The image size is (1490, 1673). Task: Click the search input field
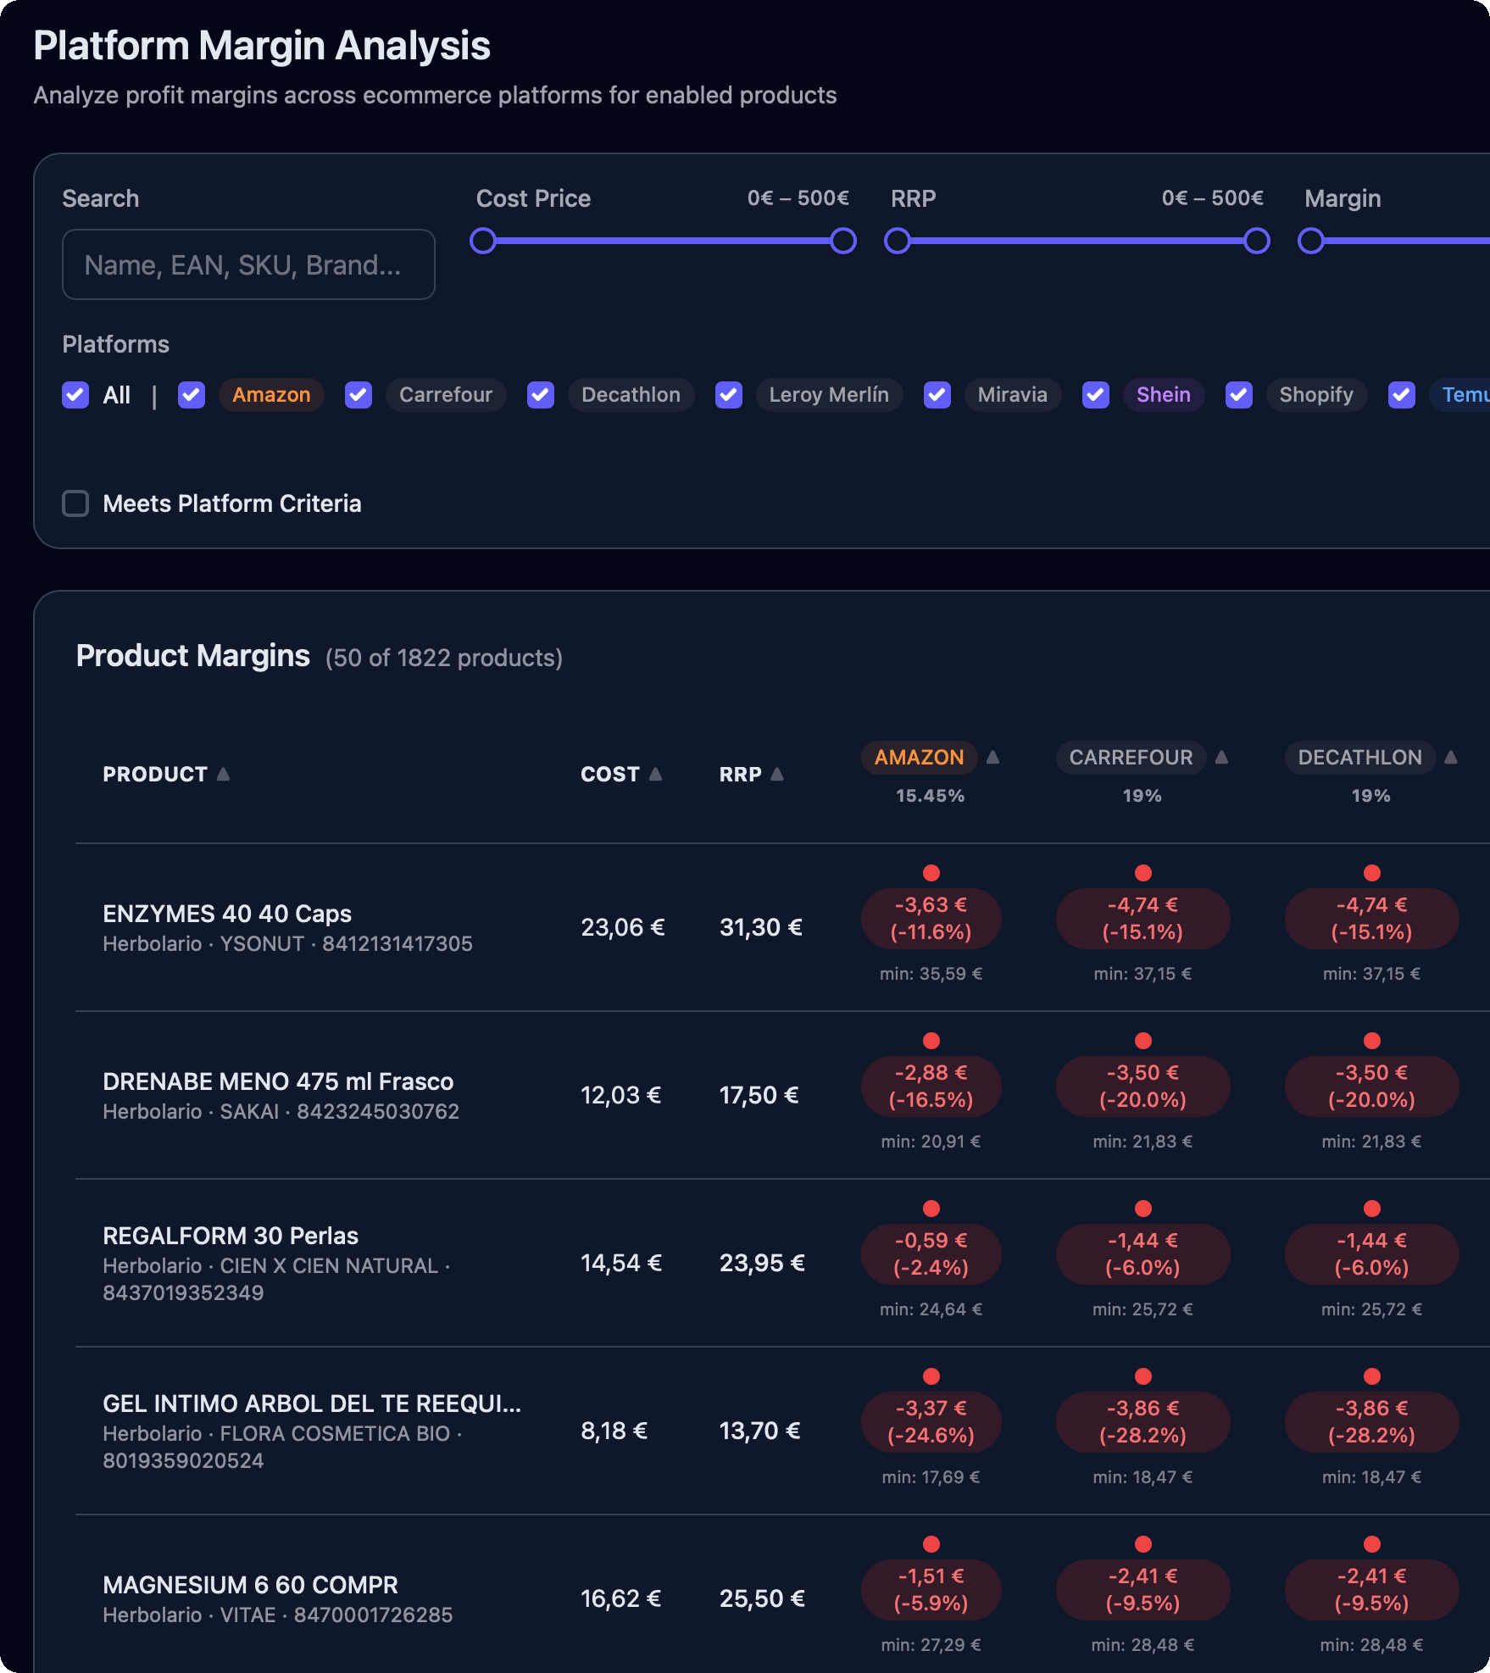pos(248,264)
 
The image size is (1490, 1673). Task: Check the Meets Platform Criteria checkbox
pos(75,503)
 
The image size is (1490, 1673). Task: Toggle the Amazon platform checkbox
pos(192,395)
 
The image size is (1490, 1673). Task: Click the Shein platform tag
pos(1164,395)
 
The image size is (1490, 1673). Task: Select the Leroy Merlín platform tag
pos(829,395)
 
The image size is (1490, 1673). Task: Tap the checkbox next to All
pos(75,395)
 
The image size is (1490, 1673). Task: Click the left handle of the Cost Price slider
pos(483,241)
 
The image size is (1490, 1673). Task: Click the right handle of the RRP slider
pos(1257,241)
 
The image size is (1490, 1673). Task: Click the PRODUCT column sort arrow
pos(223,774)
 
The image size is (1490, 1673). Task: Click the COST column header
pos(609,775)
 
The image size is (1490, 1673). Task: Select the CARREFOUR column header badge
pos(1131,758)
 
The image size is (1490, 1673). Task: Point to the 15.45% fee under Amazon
pos(931,796)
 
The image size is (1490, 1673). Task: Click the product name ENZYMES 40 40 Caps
pos(227,914)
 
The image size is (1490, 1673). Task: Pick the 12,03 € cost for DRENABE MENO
pos(620,1095)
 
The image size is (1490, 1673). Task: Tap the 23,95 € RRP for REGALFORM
pos(762,1263)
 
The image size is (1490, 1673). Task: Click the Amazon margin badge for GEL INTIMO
pos(931,1422)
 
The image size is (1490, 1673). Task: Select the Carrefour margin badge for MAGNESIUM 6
pos(1143,1590)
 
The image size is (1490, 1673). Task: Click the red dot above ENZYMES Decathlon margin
pos(1372,873)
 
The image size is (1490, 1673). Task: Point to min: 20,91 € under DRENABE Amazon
pos(931,1142)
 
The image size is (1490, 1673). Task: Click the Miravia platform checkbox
pos(937,395)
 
